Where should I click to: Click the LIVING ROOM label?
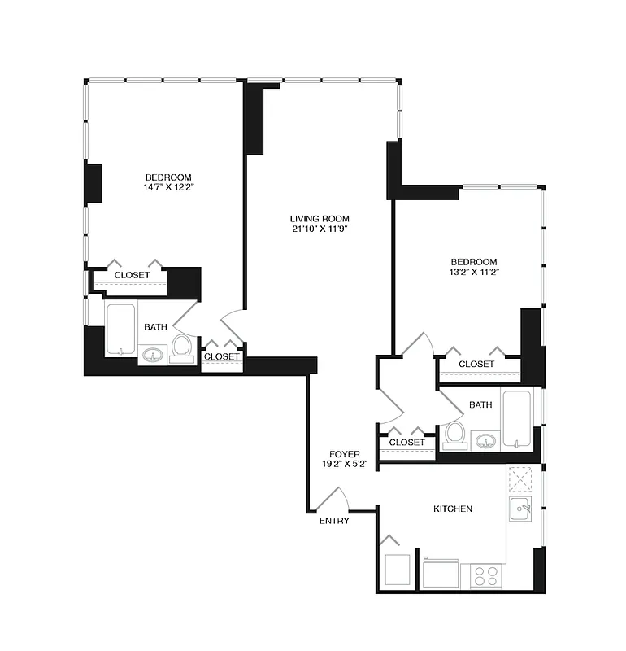(320, 218)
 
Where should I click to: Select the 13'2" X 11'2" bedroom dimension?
(474, 272)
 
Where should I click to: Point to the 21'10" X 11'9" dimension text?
(320, 229)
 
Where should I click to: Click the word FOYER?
(345, 454)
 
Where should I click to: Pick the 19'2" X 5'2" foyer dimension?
(345, 465)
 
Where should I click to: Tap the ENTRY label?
(334, 521)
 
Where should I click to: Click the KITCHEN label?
(453, 509)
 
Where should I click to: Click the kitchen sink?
(520, 510)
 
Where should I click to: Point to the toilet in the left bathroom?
(181, 347)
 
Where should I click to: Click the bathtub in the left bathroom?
(121, 329)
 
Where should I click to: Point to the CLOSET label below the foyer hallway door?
(406, 443)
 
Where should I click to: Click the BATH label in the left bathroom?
(156, 327)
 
